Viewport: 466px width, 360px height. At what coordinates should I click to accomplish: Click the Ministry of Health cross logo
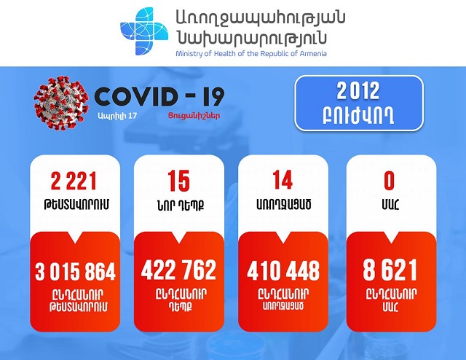(144, 31)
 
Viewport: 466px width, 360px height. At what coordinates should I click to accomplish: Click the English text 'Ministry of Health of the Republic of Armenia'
(251, 54)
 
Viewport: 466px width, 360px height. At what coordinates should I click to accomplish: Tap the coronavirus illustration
(61, 103)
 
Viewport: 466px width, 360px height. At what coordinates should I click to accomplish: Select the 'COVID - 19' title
(159, 96)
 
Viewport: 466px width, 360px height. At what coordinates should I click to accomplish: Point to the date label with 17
(117, 116)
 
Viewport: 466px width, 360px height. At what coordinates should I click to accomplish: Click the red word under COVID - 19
(194, 115)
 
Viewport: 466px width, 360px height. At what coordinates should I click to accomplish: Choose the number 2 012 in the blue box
(358, 91)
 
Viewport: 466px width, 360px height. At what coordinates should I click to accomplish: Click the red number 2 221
(74, 181)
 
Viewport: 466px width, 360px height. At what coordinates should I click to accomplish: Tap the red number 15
(178, 181)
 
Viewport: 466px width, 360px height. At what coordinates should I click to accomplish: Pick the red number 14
(283, 180)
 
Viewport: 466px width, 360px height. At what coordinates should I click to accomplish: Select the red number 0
(389, 180)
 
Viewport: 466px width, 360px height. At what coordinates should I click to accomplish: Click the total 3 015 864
(75, 271)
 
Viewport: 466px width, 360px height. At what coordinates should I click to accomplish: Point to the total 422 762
(178, 270)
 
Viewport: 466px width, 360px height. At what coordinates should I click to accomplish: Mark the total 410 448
(283, 270)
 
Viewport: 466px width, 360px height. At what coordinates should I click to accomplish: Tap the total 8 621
(390, 270)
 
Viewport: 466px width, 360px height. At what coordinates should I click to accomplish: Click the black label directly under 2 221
(76, 205)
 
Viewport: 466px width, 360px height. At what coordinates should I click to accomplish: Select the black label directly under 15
(181, 205)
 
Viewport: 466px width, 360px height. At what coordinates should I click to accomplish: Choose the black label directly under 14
(283, 204)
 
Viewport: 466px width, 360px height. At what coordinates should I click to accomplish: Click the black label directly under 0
(390, 204)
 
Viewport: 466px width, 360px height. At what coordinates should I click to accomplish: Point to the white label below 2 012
(358, 117)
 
